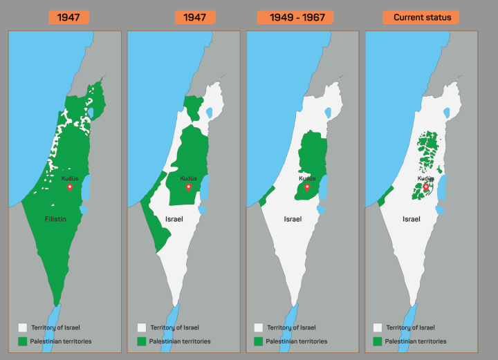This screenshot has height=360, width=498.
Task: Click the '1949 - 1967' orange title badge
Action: coord(302,17)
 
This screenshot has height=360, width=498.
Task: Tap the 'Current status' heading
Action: coord(421,17)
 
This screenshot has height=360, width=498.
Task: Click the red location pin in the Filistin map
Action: coord(69,187)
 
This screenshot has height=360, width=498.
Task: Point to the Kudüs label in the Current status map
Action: coord(426,178)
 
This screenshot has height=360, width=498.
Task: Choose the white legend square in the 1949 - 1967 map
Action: coord(258,328)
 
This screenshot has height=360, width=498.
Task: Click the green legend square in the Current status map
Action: coord(377,341)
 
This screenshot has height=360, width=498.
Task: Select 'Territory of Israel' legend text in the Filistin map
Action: coord(56,328)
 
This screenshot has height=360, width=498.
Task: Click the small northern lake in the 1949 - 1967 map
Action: coord(326,109)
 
